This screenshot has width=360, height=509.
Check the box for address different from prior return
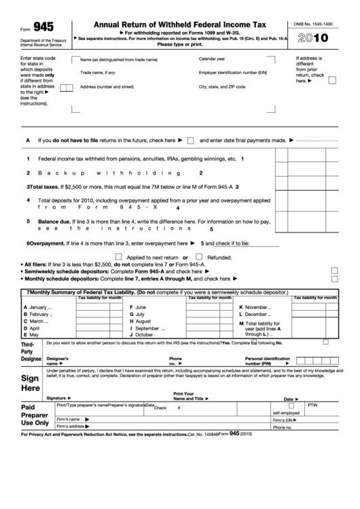click(332, 80)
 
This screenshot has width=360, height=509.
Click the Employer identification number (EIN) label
click(232, 72)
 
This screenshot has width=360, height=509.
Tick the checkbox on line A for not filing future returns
click(191, 141)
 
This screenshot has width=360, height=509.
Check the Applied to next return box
click(119, 258)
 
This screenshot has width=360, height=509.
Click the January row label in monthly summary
click(38, 308)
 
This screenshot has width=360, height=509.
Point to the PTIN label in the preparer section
click(312, 404)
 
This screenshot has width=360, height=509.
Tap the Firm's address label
click(71, 426)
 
